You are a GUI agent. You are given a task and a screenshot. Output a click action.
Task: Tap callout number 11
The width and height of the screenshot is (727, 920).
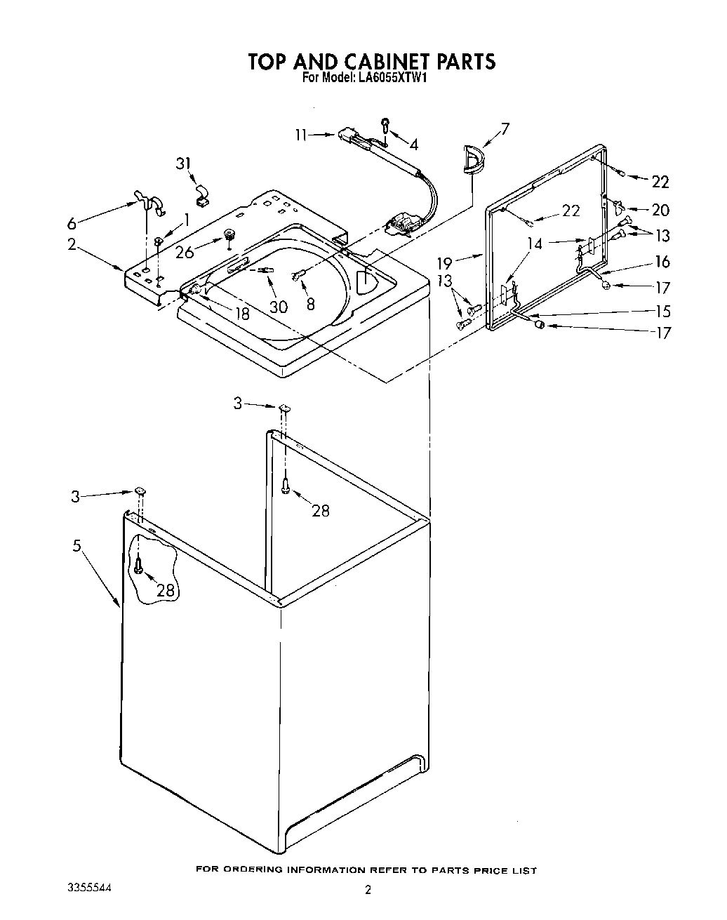(301, 135)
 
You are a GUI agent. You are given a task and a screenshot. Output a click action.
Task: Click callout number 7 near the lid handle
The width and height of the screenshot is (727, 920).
(505, 128)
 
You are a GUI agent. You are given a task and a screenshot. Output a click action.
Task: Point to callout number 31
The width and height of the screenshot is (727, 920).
(183, 164)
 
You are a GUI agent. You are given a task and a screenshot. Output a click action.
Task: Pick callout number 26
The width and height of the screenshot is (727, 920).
(185, 251)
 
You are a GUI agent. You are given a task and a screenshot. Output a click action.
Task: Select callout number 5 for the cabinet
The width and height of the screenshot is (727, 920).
(76, 545)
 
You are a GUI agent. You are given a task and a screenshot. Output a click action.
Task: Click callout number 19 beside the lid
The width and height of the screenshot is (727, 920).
(446, 263)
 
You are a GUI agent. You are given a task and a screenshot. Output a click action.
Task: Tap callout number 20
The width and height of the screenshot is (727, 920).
(660, 210)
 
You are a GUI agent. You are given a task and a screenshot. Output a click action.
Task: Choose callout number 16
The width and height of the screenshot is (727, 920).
(662, 262)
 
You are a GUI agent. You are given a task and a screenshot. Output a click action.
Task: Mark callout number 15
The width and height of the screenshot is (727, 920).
(662, 311)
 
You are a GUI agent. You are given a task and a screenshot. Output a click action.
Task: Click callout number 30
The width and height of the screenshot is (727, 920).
(278, 307)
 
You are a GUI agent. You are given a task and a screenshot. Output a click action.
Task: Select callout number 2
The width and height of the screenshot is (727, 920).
(72, 244)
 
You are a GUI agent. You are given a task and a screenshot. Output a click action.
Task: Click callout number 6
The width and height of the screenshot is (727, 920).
(72, 224)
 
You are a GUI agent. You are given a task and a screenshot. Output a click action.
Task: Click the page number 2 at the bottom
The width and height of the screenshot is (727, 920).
(367, 891)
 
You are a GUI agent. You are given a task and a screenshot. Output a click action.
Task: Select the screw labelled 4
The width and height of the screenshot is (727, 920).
(386, 126)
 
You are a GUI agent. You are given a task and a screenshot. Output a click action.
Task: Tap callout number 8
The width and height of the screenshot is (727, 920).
(310, 304)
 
